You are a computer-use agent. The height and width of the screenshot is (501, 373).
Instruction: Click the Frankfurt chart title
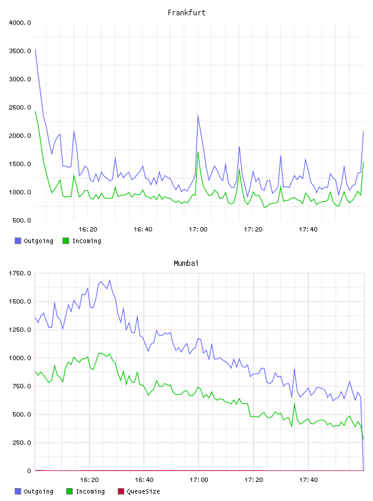click(x=186, y=13)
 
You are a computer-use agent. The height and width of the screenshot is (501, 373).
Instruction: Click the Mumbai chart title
click(x=186, y=263)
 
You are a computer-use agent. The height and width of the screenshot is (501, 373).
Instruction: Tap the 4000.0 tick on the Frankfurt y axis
click(x=20, y=23)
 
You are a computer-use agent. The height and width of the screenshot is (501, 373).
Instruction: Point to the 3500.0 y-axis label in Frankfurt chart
click(x=20, y=51)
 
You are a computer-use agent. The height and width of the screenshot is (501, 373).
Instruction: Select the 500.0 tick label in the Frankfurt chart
click(x=21, y=220)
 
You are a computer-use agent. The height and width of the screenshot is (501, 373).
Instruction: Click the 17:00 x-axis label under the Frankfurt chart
click(x=198, y=230)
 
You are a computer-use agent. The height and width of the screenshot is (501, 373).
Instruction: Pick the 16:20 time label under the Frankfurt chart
click(x=88, y=230)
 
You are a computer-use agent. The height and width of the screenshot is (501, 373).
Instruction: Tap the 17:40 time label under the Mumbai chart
click(x=309, y=480)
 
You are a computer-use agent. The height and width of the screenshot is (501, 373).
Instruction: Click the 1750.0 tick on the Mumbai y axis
click(x=20, y=273)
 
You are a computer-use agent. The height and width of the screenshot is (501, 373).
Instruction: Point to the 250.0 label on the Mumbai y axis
click(x=21, y=443)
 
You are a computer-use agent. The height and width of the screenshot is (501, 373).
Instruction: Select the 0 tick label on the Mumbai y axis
click(x=29, y=471)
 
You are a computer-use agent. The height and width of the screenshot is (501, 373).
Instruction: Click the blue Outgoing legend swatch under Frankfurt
click(x=18, y=241)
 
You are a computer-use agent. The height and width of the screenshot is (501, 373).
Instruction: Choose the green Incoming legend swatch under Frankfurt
click(x=66, y=241)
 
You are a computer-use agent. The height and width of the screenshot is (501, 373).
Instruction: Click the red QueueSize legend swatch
click(x=121, y=491)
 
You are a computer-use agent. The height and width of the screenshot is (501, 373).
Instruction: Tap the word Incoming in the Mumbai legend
click(x=90, y=492)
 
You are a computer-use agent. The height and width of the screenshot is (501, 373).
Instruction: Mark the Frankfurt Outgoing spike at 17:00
click(x=198, y=115)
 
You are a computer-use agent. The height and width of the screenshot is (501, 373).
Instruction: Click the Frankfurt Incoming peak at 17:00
click(x=198, y=152)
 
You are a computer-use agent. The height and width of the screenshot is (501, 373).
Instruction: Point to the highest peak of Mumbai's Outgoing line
click(x=110, y=280)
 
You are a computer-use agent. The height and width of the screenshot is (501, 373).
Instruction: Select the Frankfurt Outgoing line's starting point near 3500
click(x=36, y=50)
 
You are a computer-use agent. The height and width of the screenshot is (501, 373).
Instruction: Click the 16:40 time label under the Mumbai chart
click(x=144, y=480)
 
